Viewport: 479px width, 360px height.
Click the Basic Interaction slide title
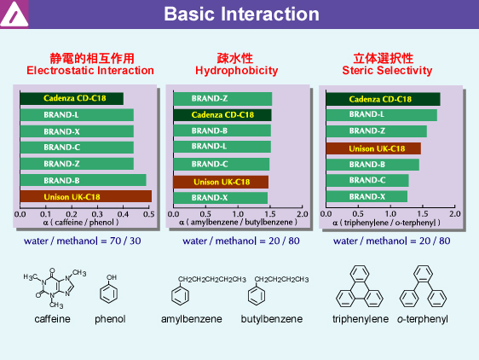pyautogui.click(x=241, y=14)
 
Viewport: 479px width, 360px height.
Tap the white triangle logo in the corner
pyautogui.click(x=14, y=14)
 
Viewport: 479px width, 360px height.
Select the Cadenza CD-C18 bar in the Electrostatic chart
pyautogui.click(x=72, y=98)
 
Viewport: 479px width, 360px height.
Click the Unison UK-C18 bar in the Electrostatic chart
pyautogui.click(x=86, y=196)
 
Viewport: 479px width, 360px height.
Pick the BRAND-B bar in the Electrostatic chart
pyautogui.click(x=83, y=180)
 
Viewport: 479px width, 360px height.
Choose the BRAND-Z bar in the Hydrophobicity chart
pyautogui.click(x=222, y=98)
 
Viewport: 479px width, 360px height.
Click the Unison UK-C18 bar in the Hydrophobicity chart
pyautogui.click(x=221, y=182)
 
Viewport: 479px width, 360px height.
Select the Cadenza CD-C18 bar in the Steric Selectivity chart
pyautogui.click(x=383, y=99)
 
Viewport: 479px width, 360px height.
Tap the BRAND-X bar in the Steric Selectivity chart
pyautogui.click(x=366, y=196)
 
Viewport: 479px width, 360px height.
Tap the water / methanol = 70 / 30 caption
pyautogui.click(x=82, y=241)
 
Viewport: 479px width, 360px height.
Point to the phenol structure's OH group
pyautogui.click(x=112, y=277)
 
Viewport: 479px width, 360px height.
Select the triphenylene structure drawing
pyautogui.click(x=360, y=287)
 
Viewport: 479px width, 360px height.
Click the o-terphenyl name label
pyautogui.click(x=423, y=319)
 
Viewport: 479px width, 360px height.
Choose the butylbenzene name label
pyautogui.click(x=272, y=319)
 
